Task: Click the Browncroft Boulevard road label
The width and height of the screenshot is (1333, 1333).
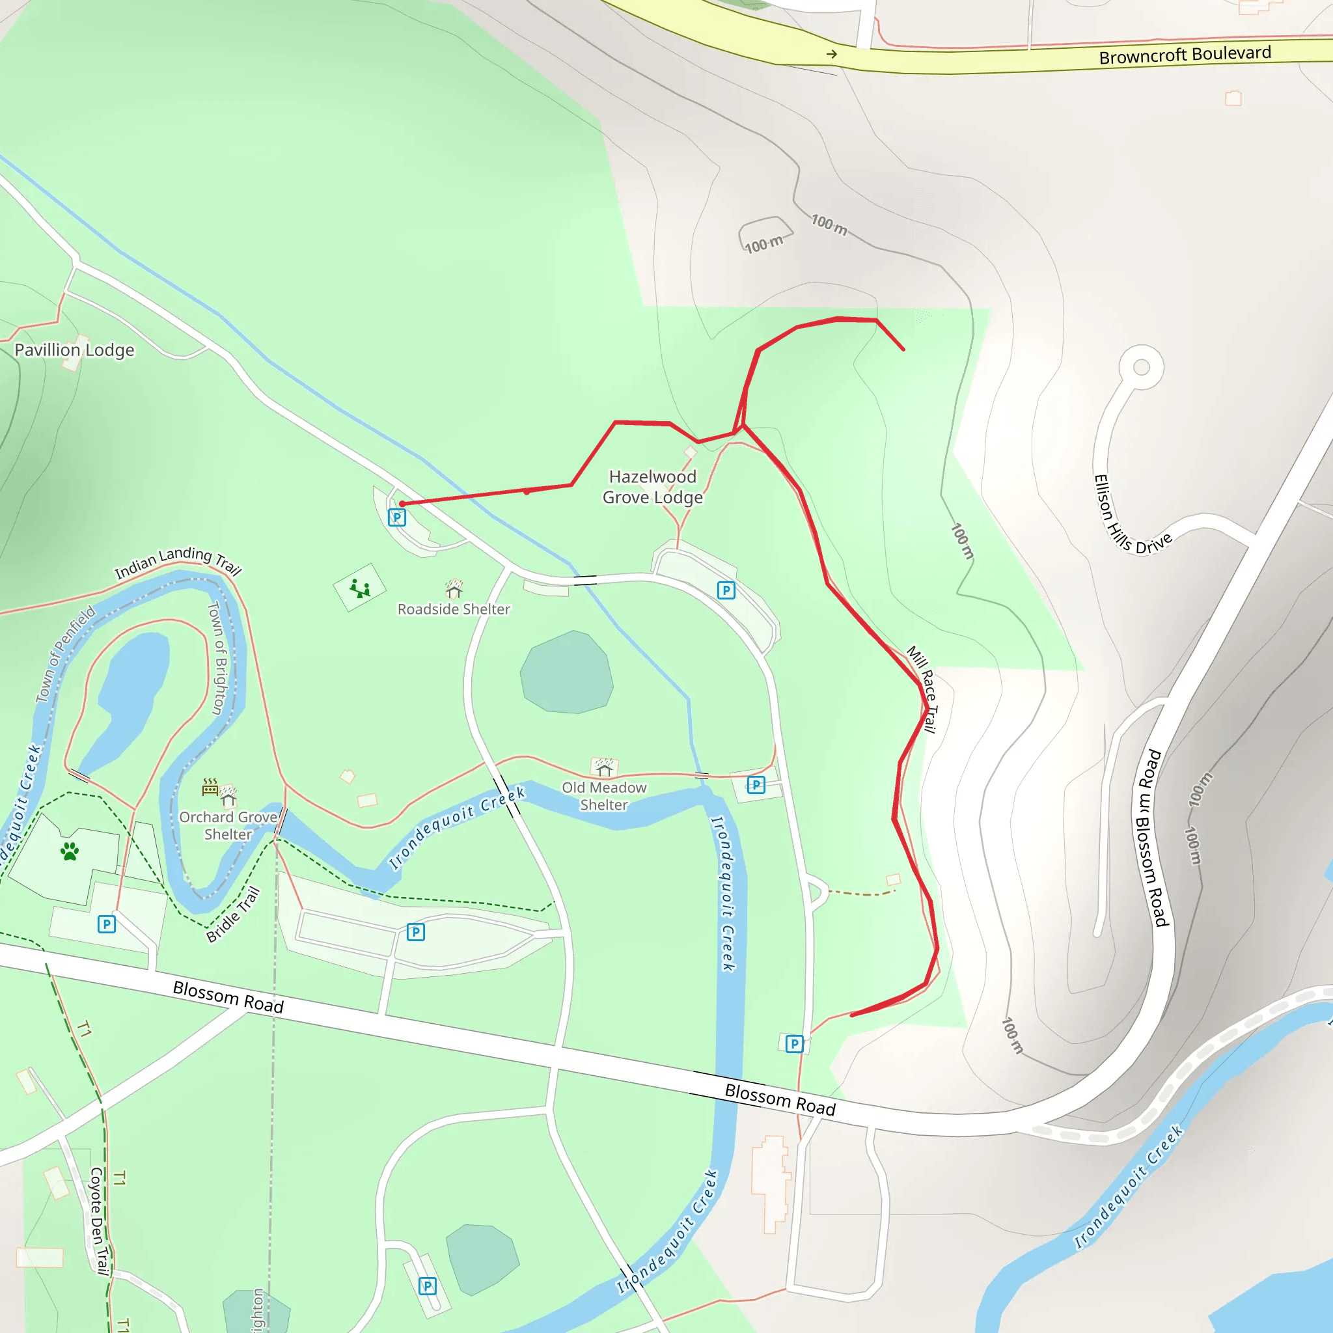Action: [x=1184, y=55]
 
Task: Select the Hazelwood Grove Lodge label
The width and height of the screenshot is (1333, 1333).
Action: [x=653, y=486]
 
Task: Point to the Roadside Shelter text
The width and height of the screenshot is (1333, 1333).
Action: [x=453, y=609]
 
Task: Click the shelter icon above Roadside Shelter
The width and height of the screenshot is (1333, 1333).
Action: [x=453, y=588]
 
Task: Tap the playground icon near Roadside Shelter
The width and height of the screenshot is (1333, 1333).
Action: [x=359, y=588]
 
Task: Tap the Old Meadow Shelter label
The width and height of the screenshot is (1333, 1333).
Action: [x=604, y=795]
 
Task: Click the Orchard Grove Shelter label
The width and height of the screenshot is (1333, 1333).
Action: [x=228, y=825]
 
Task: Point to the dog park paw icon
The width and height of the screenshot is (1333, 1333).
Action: [x=70, y=851]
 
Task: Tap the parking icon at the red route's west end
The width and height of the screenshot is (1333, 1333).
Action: [x=397, y=517]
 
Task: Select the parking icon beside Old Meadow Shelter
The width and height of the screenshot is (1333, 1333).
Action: [x=756, y=784]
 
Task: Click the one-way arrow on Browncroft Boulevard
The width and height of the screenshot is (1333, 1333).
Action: [x=832, y=54]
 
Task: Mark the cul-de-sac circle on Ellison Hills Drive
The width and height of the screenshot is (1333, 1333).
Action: [x=1141, y=367]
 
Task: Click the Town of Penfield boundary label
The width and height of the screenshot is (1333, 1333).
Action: [x=66, y=654]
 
